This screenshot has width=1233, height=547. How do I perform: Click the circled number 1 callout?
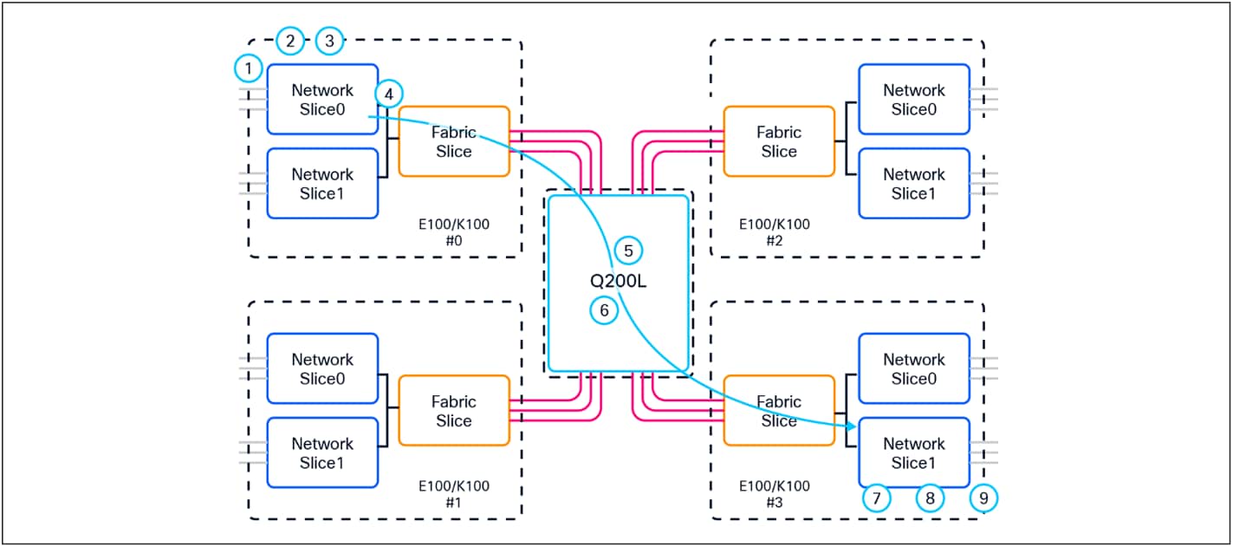(249, 68)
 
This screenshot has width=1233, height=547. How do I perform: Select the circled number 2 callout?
(290, 40)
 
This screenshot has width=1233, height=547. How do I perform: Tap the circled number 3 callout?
(329, 40)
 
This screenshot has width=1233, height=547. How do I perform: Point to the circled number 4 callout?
(389, 93)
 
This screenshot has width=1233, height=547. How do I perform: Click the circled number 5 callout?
(629, 251)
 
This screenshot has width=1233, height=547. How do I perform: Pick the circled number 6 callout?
(604, 309)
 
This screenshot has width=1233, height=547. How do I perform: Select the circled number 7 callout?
(878, 498)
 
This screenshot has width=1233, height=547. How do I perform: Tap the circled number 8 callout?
(930, 498)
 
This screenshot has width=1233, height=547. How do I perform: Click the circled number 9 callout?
(983, 498)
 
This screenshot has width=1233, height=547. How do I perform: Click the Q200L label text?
(617, 281)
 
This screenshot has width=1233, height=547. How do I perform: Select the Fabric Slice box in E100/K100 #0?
(453, 141)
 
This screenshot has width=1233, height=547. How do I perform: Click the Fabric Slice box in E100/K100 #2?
(778, 141)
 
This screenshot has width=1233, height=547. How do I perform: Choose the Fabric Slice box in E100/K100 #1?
(453, 411)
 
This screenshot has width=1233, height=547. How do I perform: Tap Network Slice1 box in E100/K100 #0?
(322, 184)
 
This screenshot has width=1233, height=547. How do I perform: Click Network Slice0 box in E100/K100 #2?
(913, 99)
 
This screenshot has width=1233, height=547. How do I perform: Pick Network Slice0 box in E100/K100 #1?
(322, 368)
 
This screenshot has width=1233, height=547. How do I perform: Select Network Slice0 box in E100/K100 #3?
(913, 368)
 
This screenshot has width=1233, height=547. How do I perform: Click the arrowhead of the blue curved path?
(851, 427)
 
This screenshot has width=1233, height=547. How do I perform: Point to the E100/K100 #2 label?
(774, 232)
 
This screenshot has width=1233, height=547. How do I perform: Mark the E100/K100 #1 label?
(452, 494)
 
